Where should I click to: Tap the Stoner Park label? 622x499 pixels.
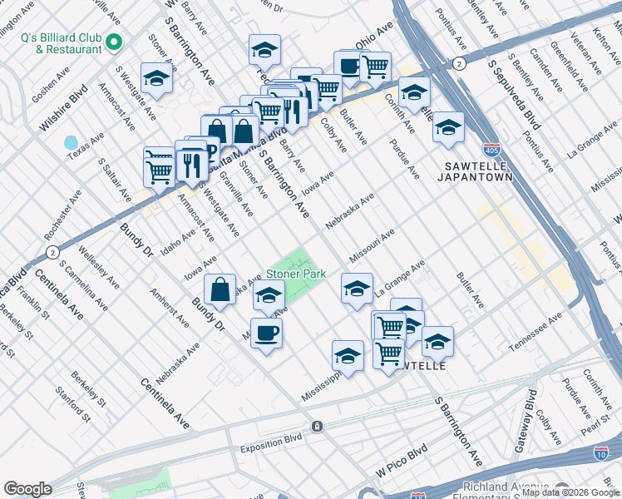tap(295, 274)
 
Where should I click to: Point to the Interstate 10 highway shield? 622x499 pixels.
tap(601, 452)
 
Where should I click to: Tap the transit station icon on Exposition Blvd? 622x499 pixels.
tap(317, 426)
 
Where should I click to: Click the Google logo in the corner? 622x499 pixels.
tap(28, 488)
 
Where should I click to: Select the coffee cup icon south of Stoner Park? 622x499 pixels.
tap(266, 333)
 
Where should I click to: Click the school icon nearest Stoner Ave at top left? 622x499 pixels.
tap(156, 78)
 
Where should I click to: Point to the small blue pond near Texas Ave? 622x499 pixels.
tap(71, 142)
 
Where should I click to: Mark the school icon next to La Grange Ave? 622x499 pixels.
tap(357, 289)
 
